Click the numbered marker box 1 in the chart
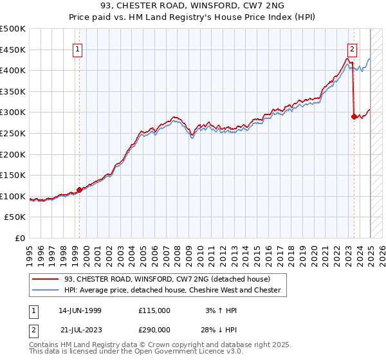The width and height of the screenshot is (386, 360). coord(77,49)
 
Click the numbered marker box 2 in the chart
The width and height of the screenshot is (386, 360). coord(353,49)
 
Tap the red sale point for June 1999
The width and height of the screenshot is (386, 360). coord(79,190)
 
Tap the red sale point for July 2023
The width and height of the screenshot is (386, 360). coord(354,116)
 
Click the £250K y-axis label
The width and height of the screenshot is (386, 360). coord(13,133)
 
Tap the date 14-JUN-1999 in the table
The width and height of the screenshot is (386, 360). coord(80,310)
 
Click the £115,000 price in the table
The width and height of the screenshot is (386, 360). coord(154,310)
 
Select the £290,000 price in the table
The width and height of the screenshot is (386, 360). coord(154,329)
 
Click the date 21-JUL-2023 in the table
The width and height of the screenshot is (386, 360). coord(80,329)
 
